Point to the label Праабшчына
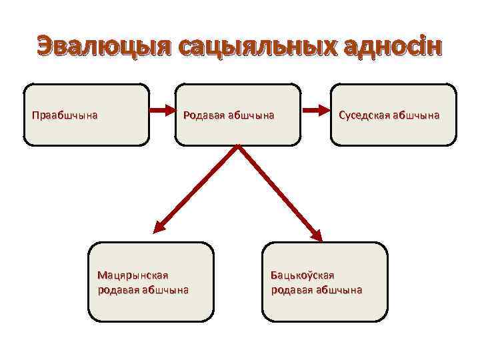pyautogui.click(x=65, y=115)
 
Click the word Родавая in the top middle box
pyautogui.click(x=203, y=115)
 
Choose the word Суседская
pyautogui.click(x=364, y=115)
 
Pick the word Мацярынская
pyautogui.click(x=133, y=275)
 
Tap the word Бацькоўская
pyautogui.click(x=302, y=275)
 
